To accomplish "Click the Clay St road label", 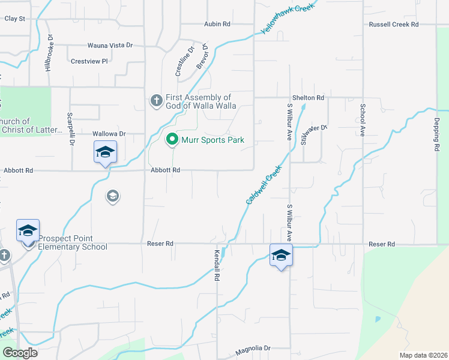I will pos(14,19).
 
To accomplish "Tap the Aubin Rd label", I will pos(217,24).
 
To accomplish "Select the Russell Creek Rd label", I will pos(394,25).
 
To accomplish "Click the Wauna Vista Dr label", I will pos(110,45).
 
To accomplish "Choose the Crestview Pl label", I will pos(89,61).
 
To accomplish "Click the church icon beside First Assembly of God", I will pos(156,100).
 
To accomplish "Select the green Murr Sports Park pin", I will pos(172,140).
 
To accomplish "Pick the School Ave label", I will pos(363,120).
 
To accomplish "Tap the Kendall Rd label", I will pos(217,266).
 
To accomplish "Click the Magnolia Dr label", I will pos(253,348).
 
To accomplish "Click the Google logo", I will pos(20,352).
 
